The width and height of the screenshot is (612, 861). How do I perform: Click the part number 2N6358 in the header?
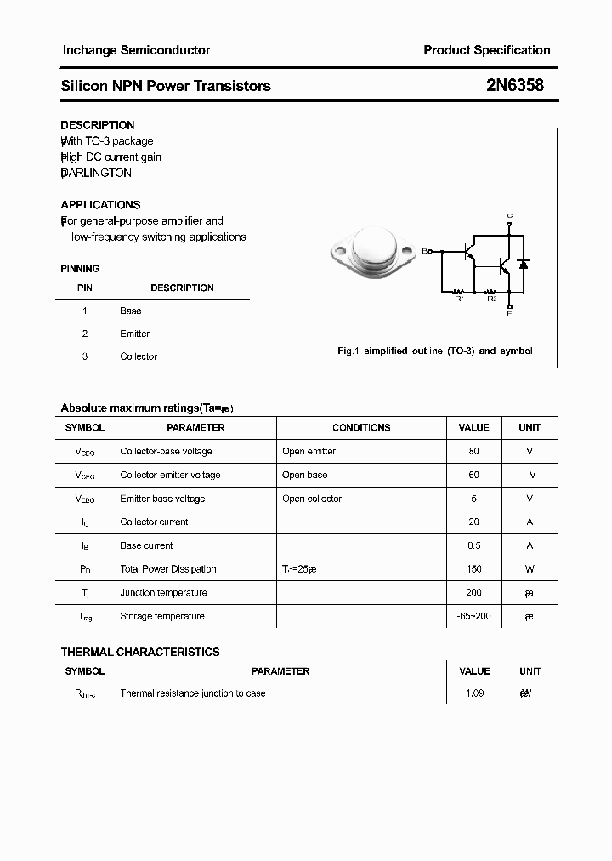(x=514, y=85)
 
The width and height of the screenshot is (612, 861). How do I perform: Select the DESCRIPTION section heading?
(x=97, y=125)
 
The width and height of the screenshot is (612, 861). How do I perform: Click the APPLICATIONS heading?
(x=100, y=205)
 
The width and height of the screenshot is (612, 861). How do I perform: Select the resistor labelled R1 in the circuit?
(x=459, y=290)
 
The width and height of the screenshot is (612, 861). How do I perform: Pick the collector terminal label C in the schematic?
(x=509, y=215)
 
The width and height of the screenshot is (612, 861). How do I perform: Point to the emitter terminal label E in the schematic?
(x=509, y=314)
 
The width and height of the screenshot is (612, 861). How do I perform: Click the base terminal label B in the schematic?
(x=425, y=251)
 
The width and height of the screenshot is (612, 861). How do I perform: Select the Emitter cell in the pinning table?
(x=134, y=334)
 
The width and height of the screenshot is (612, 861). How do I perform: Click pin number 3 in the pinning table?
(x=85, y=356)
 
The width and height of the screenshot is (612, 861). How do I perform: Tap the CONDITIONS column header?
(x=361, y=428)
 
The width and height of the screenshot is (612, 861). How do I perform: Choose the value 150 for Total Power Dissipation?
(x=473, y=569)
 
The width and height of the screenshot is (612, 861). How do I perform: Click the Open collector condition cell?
(x=312, y=499)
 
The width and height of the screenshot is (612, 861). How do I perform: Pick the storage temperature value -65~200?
(x=473, y=616)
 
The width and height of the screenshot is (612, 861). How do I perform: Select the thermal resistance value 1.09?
(x=474, y=693)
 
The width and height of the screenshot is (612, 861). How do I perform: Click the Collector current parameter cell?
(x=154, y=522)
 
